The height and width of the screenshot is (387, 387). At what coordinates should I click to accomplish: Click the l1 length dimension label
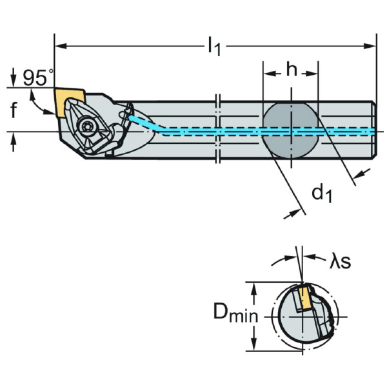pyautogui.click(x=213, y=46)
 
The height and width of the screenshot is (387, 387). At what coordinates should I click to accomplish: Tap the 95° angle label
pyautogui.click(x=35, y=78)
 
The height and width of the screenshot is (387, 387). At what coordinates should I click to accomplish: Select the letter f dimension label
pyautogui.click(x=14, y=111)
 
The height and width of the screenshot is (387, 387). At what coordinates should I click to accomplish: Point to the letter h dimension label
pyautogui.click(x=292, y=70)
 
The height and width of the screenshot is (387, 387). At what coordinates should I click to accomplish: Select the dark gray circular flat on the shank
pyautogui.click(x=291, y=132)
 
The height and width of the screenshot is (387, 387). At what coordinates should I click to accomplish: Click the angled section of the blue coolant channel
pyautogui.click(x=146, y=123)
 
